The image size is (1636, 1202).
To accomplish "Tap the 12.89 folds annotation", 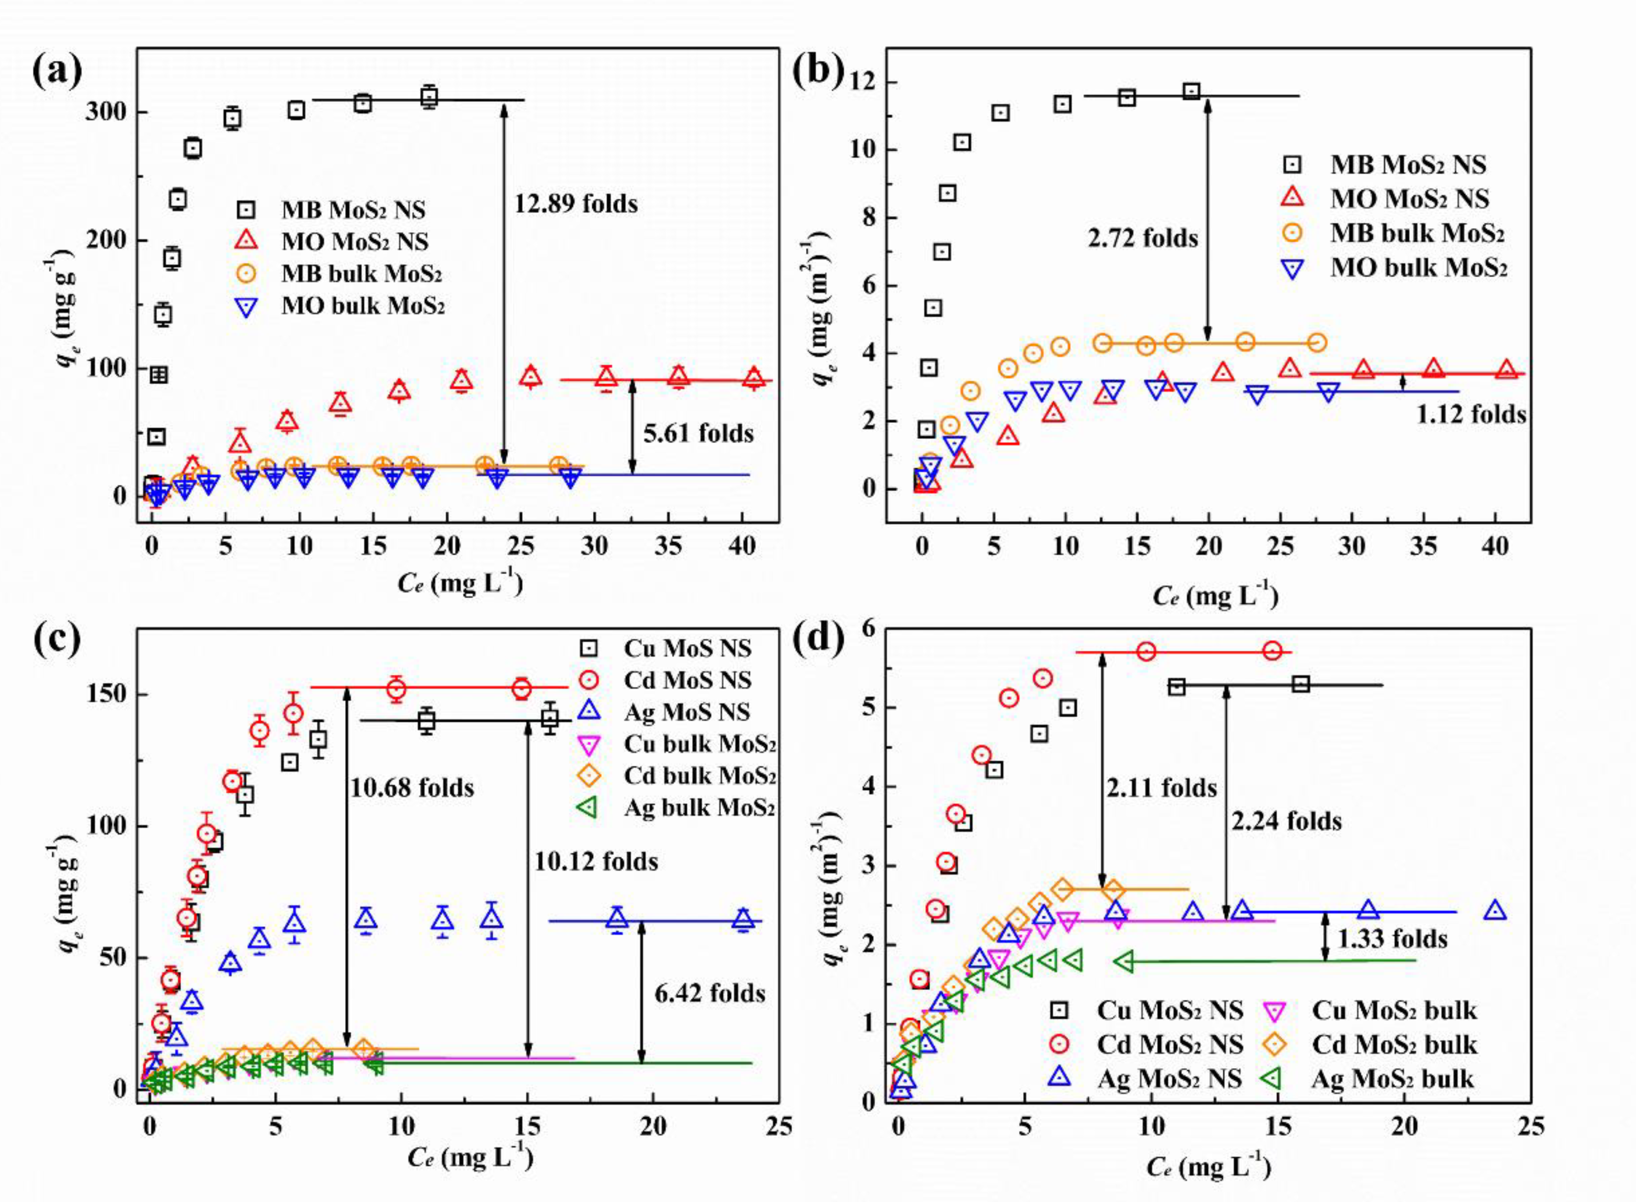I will (x=576, y=204).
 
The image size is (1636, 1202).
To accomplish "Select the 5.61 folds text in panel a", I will (x=698, y=434).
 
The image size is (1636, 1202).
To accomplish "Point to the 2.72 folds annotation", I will (x=1143, y=238).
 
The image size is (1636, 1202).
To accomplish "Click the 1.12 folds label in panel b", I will (x=1471, y=414).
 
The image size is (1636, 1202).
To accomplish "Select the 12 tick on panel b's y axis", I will (x=864, y=82).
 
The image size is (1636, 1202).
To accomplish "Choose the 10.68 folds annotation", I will (x=412, y=788).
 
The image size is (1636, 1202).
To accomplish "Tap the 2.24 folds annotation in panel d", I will (x=1286, y=821).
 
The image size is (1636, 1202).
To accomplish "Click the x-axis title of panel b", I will (x=1215, y=596).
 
